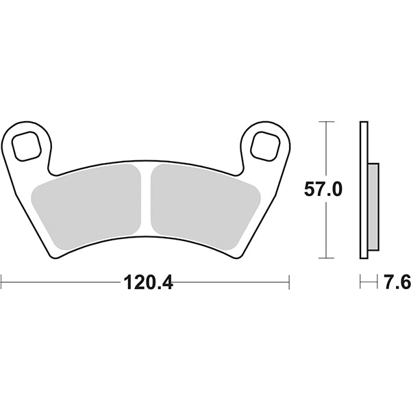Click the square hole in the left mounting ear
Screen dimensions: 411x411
(28, 145)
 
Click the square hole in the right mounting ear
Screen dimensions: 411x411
(264, 145)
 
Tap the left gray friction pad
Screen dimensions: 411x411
(86, 202)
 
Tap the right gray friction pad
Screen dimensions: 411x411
(203, 202)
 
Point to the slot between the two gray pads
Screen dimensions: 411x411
(145, 199)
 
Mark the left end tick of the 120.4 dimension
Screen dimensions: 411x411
(2, 280)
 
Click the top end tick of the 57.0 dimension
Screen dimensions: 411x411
(327, 122)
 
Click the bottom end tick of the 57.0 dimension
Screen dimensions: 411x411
(327, 258)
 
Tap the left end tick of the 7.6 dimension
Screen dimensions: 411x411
(360, 280)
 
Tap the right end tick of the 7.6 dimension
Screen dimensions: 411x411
(377, 280)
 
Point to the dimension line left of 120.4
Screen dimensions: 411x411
(62, 280)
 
